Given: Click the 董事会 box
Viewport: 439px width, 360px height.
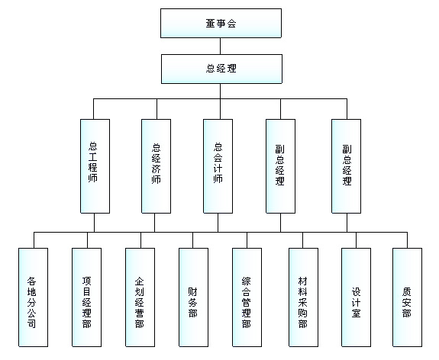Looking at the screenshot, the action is tap(221, 23).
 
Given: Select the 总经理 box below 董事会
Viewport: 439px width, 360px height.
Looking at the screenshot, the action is tap(221, 69).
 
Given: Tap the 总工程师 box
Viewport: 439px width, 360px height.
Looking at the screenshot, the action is tap(95, 166).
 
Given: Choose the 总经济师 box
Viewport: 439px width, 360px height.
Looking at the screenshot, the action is tap(156, 166).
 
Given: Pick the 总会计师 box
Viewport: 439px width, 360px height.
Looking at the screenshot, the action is tap(218, 166).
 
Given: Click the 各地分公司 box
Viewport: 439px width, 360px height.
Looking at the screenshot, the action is tap(33, 297).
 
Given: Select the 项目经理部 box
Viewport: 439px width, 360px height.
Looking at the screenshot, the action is tap(86, 297).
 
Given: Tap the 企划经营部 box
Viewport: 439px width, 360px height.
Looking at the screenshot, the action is tap(140, 297).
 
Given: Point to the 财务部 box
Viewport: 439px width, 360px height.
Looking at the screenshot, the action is tap(193, 297).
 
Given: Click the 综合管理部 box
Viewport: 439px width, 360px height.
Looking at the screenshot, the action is tap(247, 297).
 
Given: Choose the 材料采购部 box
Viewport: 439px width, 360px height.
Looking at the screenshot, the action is tap(303, 297).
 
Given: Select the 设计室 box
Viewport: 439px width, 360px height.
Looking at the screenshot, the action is tap(356, 297).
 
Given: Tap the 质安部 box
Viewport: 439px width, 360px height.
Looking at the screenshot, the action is tap(407, 297).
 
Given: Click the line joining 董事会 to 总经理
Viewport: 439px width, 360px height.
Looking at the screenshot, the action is tap(221, 47).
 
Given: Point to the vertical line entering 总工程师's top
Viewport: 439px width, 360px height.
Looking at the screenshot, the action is tap(93, 109).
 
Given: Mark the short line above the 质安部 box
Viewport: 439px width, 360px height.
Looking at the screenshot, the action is tap(407, 240).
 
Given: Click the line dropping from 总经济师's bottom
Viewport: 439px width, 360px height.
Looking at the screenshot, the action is tap(154, 223).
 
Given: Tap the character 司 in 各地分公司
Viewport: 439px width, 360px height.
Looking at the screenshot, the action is tap(31, 323).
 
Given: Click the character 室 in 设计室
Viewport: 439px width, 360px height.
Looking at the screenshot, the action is tap(356, 313).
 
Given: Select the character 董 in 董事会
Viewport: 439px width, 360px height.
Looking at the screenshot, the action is tap(211, 23).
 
